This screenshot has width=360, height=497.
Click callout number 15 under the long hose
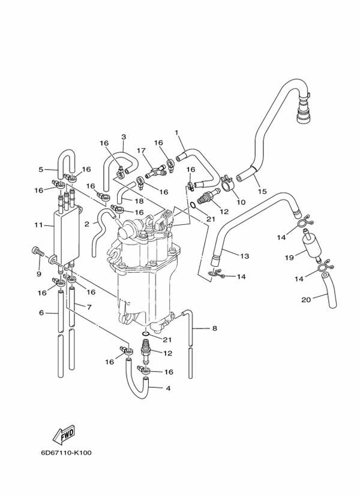[x=262, y=191]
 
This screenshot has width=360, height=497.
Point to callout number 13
[x=244, y=256]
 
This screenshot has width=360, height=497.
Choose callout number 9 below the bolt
[x=38, y=274]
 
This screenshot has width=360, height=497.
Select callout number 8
[x=214, y=328]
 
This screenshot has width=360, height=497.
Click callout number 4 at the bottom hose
[x=168, y=388]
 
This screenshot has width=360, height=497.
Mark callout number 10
[x=240, y=202]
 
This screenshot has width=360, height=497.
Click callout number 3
[x=124, y=137]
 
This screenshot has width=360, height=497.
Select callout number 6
[x=41, y=312]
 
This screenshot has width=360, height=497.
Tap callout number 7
[x=88, y=306]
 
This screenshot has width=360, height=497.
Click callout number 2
[x=86, y=224]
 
